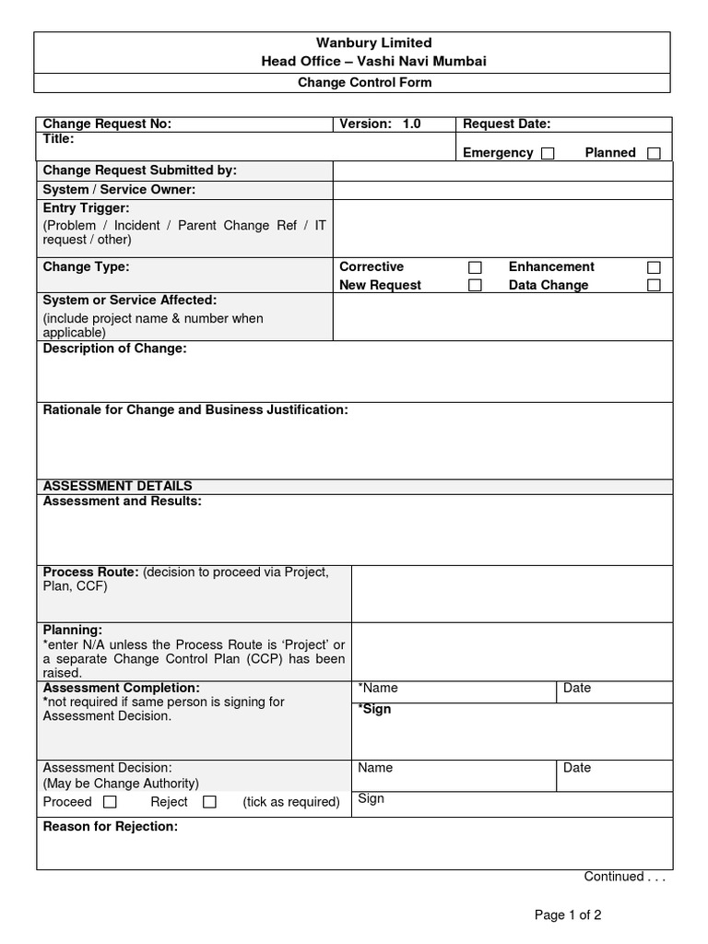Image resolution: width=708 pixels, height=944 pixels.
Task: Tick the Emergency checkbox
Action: tap(548, 154)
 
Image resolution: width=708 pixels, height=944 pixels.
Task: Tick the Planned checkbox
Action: tap(654, 154)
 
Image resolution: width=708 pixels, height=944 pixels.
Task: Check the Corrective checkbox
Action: tap(475, 267)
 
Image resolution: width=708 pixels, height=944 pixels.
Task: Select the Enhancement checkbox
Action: tap(654, 267)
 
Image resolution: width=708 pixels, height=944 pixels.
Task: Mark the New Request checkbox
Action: tap(475, 286)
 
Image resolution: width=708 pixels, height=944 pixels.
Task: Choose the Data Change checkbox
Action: tap(654, 286)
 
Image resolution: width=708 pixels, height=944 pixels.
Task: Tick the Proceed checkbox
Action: tap(110, 802)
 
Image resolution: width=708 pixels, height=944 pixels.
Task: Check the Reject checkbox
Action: tap(209, 802)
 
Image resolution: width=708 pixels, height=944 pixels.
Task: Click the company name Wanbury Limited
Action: tap(360, 43)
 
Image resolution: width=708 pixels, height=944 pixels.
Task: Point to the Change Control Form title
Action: tap(364, 83)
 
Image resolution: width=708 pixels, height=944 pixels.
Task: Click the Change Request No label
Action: tap(107, 124)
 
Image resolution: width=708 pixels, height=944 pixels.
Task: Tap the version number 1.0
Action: tap(411, 124)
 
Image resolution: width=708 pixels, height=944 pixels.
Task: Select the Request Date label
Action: tap(506, 124)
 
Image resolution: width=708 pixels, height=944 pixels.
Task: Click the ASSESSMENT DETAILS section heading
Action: tap(118, 486)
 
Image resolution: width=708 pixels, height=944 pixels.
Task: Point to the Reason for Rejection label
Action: tap(111, 827)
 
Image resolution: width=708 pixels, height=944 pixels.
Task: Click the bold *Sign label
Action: tap(374, 709)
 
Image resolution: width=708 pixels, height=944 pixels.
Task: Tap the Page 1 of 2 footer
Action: tap(568, 915)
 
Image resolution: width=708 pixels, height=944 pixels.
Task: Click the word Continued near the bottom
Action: tap(614, 877)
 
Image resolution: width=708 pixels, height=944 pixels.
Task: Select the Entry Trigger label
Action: tap(87, 208)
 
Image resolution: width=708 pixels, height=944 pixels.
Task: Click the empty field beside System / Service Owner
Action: tap(502, 190)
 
